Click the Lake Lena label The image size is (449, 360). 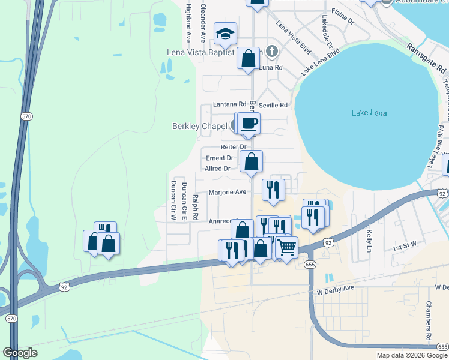pyautogui.click(x=369, y=113)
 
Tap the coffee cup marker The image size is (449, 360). pyautogui.click(x=249, y=124)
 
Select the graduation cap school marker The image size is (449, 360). pyautogui.click(x=226, y=34)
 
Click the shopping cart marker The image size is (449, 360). pyautogui.click(x=287, y=247)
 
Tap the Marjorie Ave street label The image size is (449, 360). pyautogui.click(x=228, y=193)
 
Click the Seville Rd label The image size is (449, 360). pyautogui.click(x=273, y=105)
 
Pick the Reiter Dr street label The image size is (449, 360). pyautogui.click(x=234, y=147)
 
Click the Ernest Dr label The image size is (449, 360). pyautogui.click(x=219, y=158)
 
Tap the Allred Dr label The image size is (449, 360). pyautogui.click(x=218, y=169)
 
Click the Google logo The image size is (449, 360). pyautogui.click(x=20, y=353)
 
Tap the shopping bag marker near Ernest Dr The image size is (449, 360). pyautogui.click(x=252, y=161)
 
